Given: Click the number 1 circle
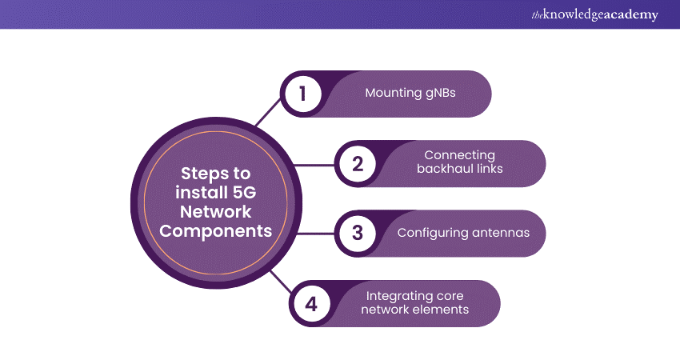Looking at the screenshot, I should [x=302, y=93].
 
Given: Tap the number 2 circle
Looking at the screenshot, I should [x=358, y=163].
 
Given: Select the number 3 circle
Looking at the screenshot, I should [x=358, y=233].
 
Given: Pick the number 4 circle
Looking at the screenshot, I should [x=312, y=303].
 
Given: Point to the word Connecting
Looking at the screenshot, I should [x=460, y=155].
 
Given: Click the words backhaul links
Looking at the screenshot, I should [x=460, y=170].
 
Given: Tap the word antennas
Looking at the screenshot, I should [x=501, y=233].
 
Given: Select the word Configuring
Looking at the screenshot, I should [x=432, y=233].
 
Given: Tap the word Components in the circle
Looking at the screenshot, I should [x=214, y=230].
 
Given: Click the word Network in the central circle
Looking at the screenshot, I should [x=215, y=211].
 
